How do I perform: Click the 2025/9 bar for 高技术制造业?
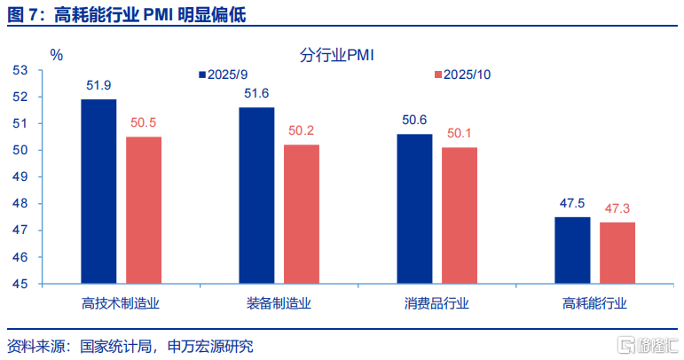pos(98,192)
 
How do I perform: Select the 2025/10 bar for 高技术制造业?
pos(144,210)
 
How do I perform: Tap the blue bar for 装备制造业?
pos(256,195)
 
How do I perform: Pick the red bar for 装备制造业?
pos(302,214)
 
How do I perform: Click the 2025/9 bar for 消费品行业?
pos(414,209)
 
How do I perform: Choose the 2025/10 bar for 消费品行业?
pos(460,215)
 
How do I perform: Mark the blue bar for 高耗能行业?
pos(572,250)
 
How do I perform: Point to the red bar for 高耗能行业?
pos(617,253)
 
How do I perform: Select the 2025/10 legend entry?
pos(463,75)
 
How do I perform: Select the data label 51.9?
pos(98,86)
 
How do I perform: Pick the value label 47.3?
pos(617,209)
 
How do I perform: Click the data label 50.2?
pos(302,131)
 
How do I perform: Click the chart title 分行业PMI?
pos(338,55)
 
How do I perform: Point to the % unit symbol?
pos(57,55)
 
